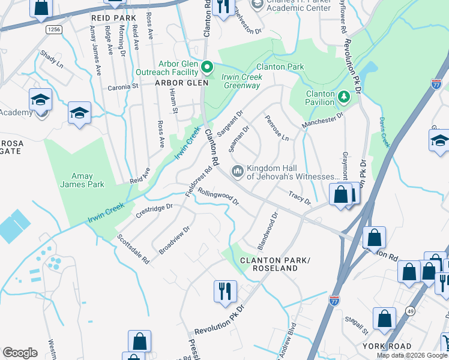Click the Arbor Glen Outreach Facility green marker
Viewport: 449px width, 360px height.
pyautogui.click(x=208, y=66)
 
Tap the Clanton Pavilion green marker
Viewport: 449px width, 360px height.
pyautogui.click(x=343, y=95)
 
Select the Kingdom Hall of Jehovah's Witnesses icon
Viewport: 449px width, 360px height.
pyautogui.click(x=238, y=172)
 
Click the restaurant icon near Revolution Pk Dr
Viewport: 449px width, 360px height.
pyautogui.click(x=225, y=292)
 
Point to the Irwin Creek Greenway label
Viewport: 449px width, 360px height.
pyautogui.click(x=241, y=82)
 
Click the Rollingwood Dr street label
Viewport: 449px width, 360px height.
pyautogui.click(x=218, y=199)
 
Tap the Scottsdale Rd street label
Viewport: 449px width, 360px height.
pyautogui.click(x=133, y=248)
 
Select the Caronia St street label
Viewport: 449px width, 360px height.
pyautogui.click(x=123, y=86)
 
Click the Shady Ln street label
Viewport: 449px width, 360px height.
pyautogui.click(x=52, y=58)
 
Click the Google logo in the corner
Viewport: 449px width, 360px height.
pyautogui.click(x=20, y=353)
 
